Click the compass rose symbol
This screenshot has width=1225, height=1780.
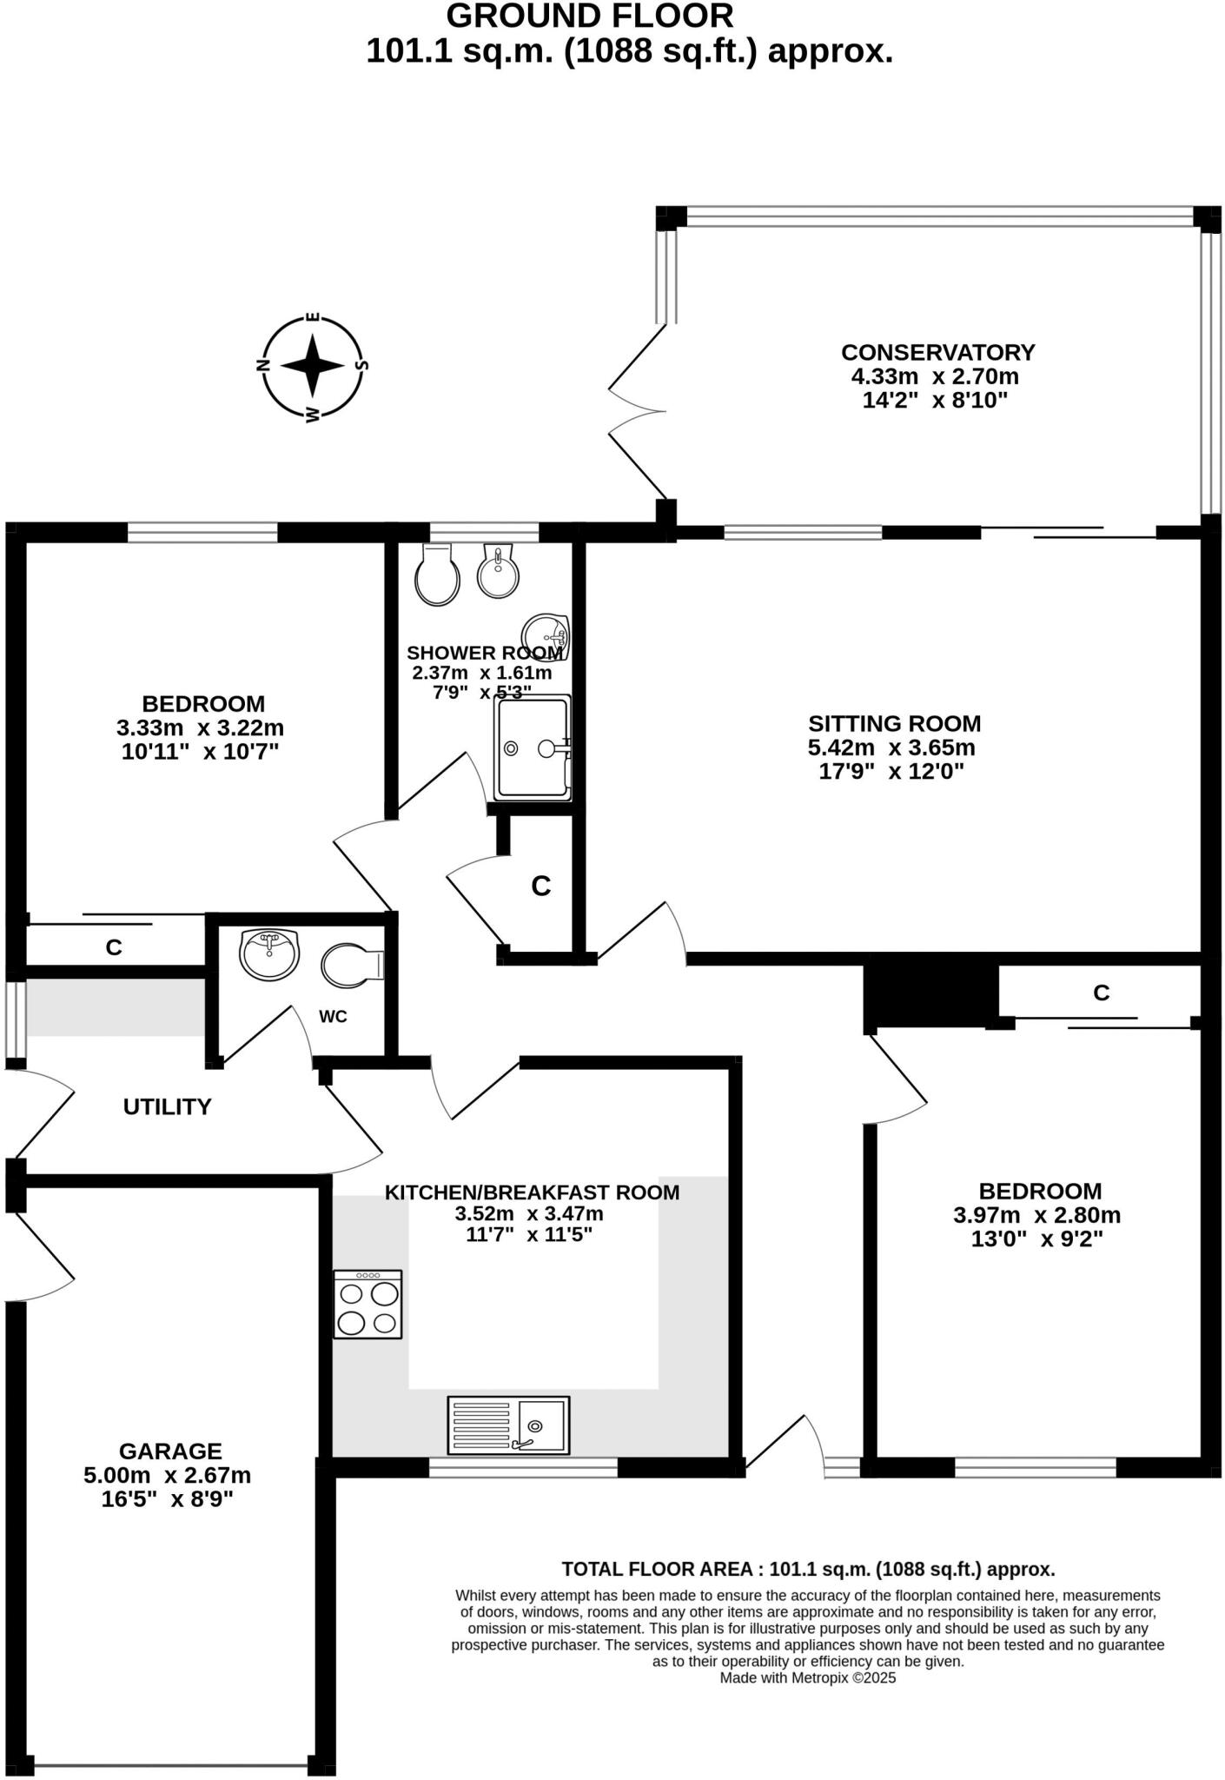click(x=314, y=366)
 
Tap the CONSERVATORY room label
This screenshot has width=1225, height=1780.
click(x=937, y=353)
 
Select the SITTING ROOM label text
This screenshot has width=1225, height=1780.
click(x=894, y=724)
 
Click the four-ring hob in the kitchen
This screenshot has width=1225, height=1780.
click(x=368, y=1304)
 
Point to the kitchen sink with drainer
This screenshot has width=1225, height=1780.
click(x=508, y=1425)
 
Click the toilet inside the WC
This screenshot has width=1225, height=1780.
click(x=352, y=966)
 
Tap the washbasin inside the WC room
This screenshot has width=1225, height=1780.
click(x=269, y=953)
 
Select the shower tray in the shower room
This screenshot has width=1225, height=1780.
click(x=533, y=747)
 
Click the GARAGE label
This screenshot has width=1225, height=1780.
click(x=170, y=1451)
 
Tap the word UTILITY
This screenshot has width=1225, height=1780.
click(x=167, y=1107)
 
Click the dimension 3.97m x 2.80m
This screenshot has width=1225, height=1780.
click(x=1036, y=1215)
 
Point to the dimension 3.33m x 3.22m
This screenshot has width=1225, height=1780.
click(x=200, y=727)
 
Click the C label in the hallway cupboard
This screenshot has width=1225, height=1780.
click(x=541, y=887)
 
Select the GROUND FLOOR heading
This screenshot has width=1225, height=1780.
click(x=590, y=16)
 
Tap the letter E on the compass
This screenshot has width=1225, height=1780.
click(x=314, y=318)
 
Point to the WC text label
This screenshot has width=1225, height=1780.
click(x=333, y=1017)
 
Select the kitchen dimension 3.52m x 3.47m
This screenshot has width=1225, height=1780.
click(x=529, y=1214)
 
